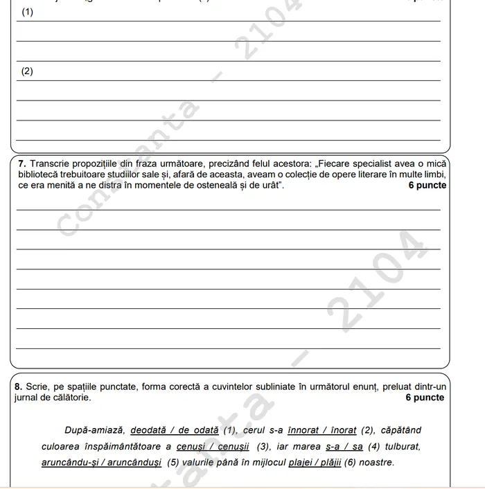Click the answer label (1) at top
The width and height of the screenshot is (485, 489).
(x=28, y=12)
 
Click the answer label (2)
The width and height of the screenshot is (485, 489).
(x=28, y=71)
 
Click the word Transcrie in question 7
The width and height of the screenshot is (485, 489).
(x=48, y=163)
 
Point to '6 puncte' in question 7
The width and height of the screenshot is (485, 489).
(x=427, y=186)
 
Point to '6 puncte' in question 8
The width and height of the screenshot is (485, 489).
(x=425, y=398)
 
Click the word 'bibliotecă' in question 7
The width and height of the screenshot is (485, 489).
(x=39, y=175)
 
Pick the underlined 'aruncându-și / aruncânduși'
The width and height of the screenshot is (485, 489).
(x=101, y=462)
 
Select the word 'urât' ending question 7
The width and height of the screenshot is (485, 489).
(x=269, y=186)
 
